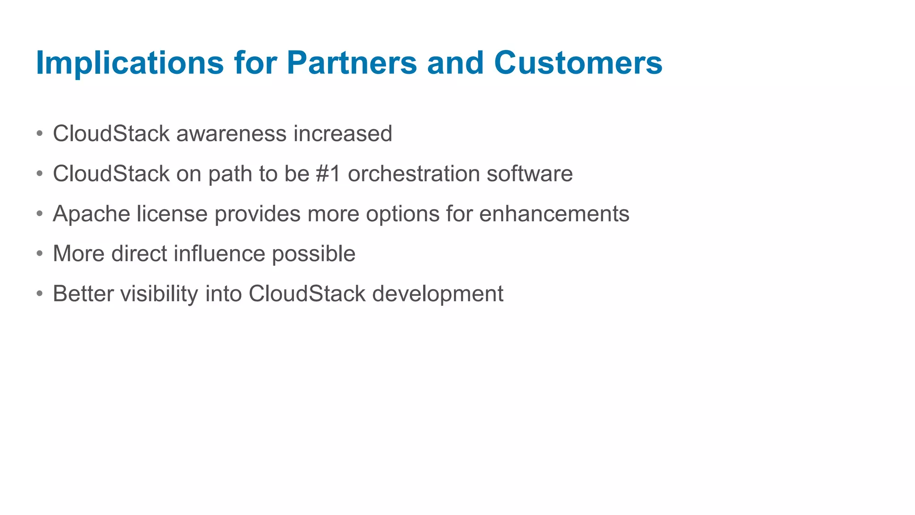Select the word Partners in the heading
pyautogui.click(x=352, y=63)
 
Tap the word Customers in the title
pyautogui.click(x=578, y=63)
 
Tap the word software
pyautogui.click(x=529, y=173)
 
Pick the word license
pyautogui.click(x=172, y=214)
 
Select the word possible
pyautogui.click(x=314, y=254)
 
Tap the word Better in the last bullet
pyautogui.click(x=83, y=294)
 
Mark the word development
pyautogui.click(x=438, y=294)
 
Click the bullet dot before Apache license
pyautogui.click(x=40, y=214)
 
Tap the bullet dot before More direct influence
pyautogui.click(x=40, y=253)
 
